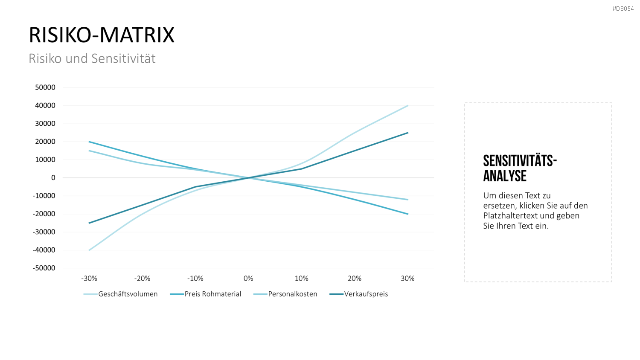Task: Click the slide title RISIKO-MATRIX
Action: (x=102, y=35)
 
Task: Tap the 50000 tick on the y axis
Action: (x=45, y=87)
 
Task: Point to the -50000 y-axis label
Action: (x=44, y=268)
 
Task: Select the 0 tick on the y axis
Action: (x=53, y=178)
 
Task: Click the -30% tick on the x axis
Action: (x=89, y=278)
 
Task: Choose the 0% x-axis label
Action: (x=248, y=278)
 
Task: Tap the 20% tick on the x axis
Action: (x=355, y=278)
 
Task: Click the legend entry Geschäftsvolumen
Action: (x=121, y=294)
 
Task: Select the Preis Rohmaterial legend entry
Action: (x=205, y=294)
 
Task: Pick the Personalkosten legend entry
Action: (x=285, y=294)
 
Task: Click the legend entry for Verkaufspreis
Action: (x=358, y=294)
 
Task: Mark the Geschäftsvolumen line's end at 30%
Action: (x=408, y=106)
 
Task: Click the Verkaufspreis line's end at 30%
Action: (x=408, y=133)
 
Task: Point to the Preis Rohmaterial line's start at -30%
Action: (x=89, y=142)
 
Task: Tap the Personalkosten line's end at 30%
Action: (x=408, y=200)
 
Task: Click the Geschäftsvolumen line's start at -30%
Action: (x=89, y=250)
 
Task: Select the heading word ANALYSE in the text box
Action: (x=505, y=176)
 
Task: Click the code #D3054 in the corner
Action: (x=623, y=9)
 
